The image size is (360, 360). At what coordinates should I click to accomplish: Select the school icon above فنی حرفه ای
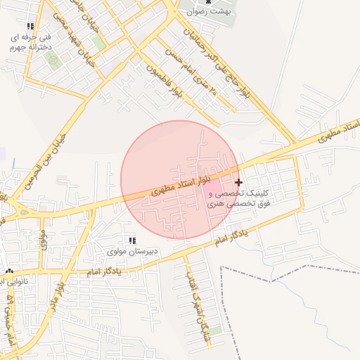[30, 26]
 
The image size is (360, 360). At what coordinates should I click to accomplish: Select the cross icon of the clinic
[238, 182]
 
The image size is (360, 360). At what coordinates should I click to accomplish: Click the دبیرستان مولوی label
[133, 251]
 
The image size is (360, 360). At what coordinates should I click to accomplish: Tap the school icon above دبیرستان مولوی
[132, 240]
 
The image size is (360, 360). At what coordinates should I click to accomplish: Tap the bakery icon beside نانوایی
[8, 271]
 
